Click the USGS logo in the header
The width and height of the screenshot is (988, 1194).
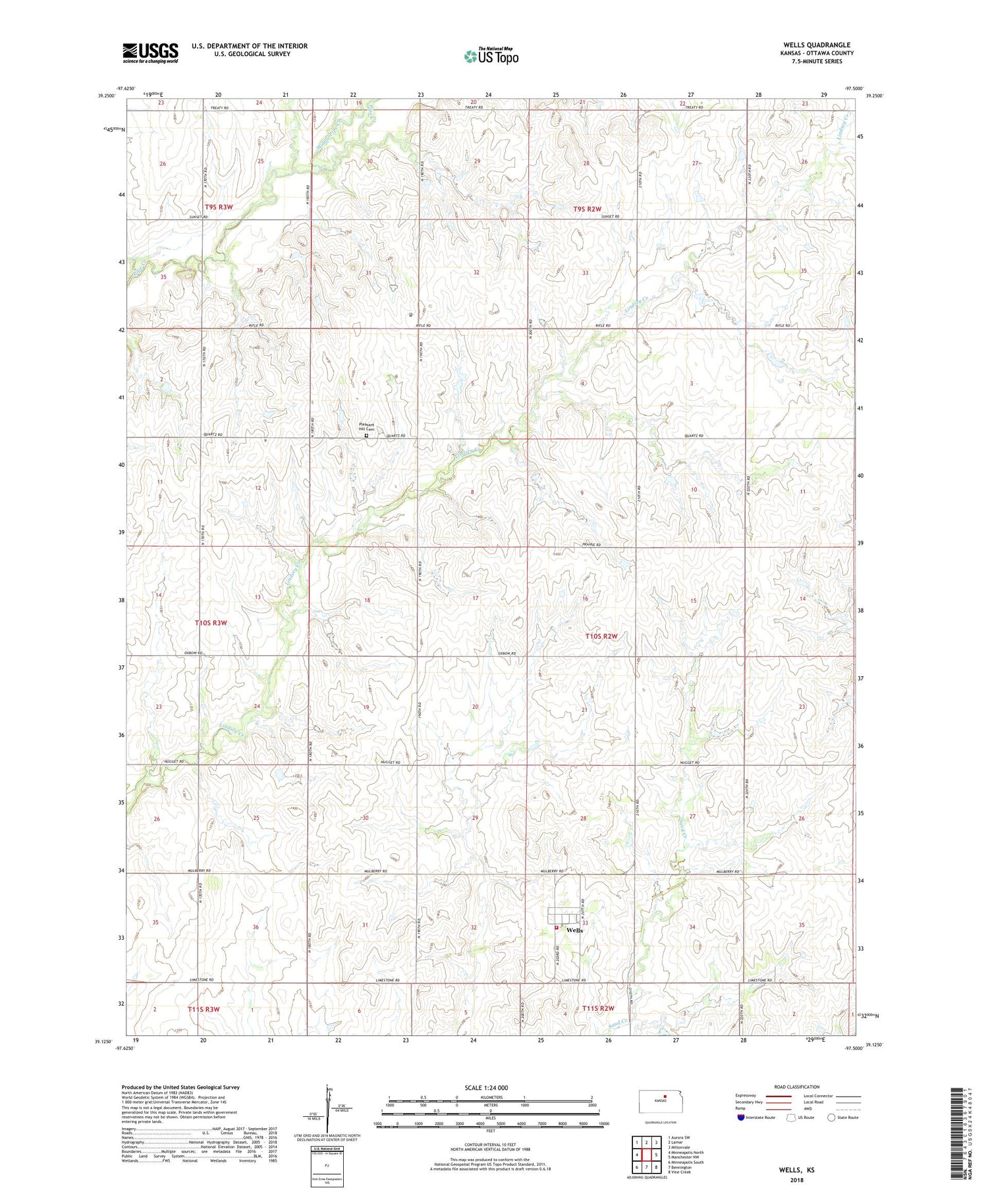pos(150,53)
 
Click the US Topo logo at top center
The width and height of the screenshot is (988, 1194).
pos(491,57)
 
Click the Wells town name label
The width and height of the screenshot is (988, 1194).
pos(574,931)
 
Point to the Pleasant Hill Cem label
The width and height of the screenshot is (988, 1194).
pos(367,427)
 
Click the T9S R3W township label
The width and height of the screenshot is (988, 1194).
pos(219,207)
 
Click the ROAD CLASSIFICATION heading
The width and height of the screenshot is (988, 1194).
pos(797,1087)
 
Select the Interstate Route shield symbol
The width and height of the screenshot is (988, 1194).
pos(742,1117)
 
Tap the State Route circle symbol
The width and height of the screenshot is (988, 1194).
pos(831,1117)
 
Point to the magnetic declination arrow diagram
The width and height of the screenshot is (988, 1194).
pos(329,1106)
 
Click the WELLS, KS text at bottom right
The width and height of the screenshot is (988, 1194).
pos(797,1170)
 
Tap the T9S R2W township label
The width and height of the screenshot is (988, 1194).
pos(586,209)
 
